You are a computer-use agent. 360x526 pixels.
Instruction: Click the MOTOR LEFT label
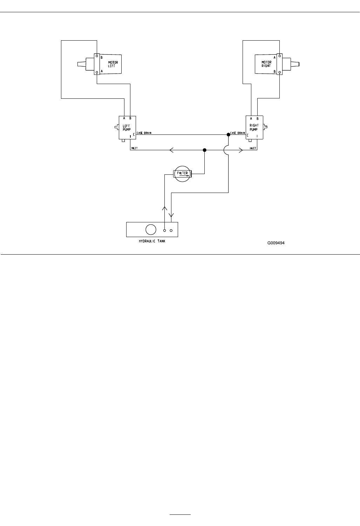click(113, 64)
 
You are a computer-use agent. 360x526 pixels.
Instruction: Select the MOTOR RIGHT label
click(266, 64)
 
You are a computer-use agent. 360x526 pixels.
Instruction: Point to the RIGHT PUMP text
click(254, 127)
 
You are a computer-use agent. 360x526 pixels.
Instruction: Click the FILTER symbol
click(182, 173)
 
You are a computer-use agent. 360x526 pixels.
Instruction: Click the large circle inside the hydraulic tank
click(151, 229)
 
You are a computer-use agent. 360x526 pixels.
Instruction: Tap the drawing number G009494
click(276, 243)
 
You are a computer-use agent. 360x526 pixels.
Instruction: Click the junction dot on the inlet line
click(205, 150)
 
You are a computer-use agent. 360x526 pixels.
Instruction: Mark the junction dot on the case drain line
click(229, 134)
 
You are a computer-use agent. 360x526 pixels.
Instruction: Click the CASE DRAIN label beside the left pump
click(144, 133)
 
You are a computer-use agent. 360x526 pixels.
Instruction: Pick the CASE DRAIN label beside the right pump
click(238, 133)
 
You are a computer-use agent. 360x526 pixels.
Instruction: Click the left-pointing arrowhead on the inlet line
click(171, 150)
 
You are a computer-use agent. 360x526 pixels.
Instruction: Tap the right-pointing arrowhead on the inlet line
click(241, 150)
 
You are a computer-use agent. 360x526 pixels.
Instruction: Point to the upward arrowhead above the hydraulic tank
click(165, 208)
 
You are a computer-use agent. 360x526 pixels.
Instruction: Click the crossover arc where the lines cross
click(226, 150)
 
